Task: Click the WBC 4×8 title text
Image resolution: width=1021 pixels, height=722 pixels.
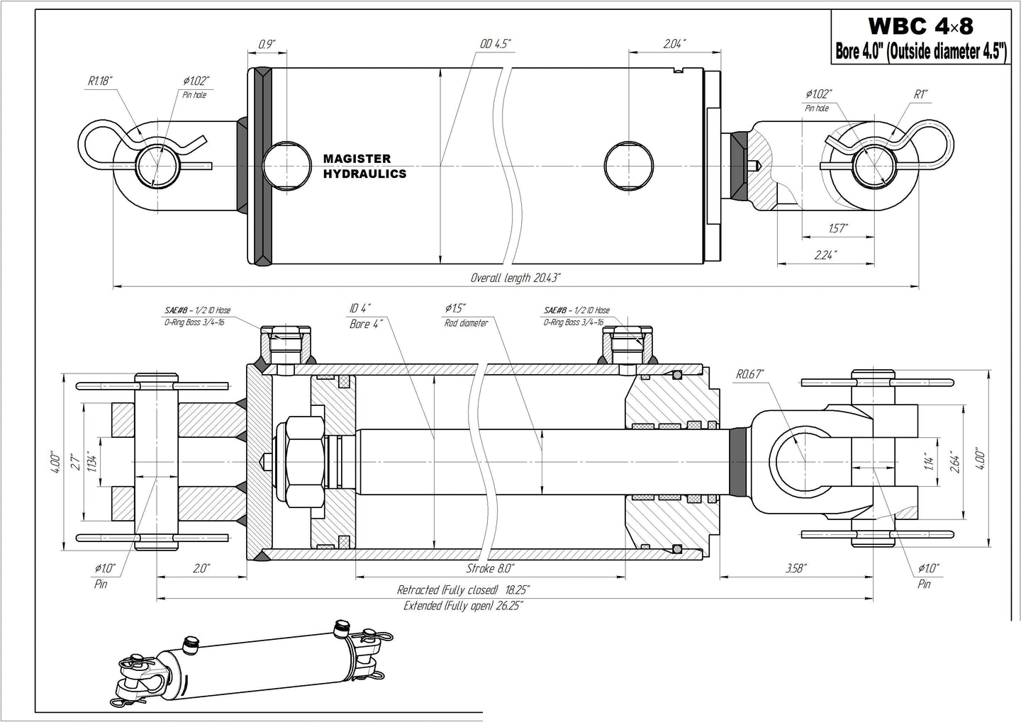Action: (920, 26)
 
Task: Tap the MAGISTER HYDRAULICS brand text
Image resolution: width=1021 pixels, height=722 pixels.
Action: (364, 167)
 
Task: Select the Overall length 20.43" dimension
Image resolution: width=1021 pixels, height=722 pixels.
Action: (515, 278)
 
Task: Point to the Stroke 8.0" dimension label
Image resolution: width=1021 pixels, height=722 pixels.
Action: (490, 568)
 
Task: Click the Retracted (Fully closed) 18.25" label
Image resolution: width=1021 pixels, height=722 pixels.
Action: (463, 590)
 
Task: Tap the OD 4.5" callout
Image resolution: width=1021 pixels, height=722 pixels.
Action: (494, 44)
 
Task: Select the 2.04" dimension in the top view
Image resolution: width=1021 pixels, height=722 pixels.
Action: (675, 44)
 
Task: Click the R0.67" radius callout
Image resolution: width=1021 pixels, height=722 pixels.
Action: (749, 374)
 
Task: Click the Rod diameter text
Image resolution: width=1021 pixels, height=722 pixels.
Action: (466, 323)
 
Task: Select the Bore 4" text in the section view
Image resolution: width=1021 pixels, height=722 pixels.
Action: (367, 324)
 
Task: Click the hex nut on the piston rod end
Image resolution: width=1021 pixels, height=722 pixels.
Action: (303, 461)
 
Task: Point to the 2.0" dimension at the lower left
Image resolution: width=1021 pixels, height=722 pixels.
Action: (201, 568)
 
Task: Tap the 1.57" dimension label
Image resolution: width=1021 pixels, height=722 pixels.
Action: (838, 228)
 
